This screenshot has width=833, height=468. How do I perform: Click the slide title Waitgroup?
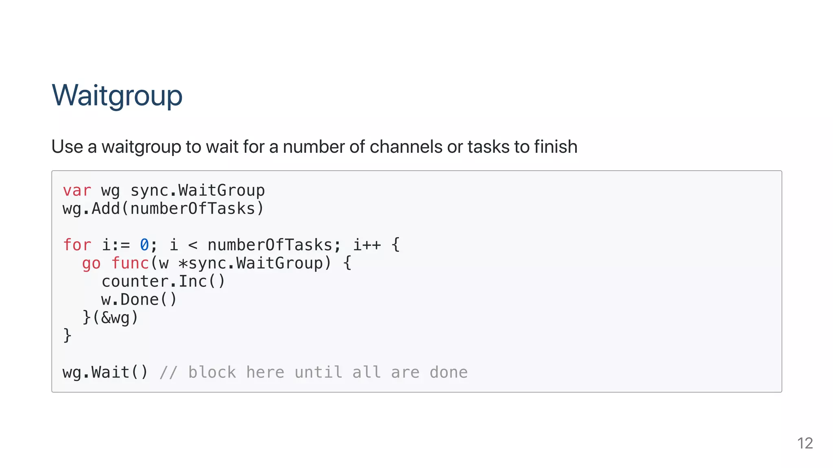click(x=117, y=95)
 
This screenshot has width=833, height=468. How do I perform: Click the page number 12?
click(x=805, y=443)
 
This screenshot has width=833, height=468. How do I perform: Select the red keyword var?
click(x=77, y=191)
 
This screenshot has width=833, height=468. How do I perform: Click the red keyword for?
click(x=77, y=245)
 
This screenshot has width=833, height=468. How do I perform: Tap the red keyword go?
click(x=91, y=263)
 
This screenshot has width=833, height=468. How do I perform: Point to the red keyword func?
click(x=130, y=263)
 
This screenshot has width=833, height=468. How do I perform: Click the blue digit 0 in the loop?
click(x=144, y=245)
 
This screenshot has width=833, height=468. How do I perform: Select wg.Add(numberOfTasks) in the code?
click(x=163, y=209)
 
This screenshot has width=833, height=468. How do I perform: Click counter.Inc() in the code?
click(x=163, y=282)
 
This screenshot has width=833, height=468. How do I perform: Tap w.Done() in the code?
click(x=139, y=300)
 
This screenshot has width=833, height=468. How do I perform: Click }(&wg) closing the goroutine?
click(x=110, y=318)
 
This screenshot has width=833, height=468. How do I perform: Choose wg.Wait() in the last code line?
click(x=105, y=373)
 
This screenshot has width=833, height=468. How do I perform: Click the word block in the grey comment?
click(x=212, y=373)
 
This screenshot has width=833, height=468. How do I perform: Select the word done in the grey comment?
click(x=449, y=373)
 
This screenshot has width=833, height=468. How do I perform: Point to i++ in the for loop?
click(x=366, y=245)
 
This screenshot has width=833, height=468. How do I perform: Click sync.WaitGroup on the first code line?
click(x=197, y=191)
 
